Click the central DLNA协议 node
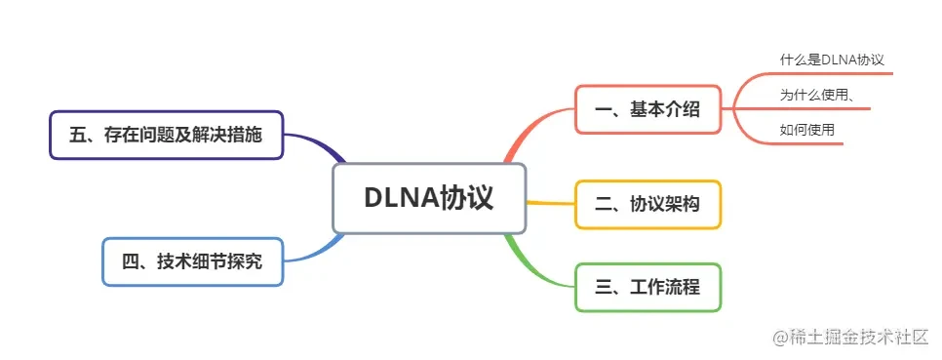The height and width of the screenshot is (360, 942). click(x=429, y=198)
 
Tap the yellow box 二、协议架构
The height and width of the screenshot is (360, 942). click(x=648, y=204)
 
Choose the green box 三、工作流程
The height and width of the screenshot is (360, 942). click(x=648, y=287)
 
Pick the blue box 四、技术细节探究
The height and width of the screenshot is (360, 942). click(x=193, y=261)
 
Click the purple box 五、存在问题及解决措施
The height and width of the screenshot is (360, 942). click(x=166, y=135)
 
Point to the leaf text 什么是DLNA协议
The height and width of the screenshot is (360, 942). click(x=832, y=60)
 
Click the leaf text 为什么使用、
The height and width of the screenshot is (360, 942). click(x=817, y=95)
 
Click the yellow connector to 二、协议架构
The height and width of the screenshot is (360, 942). click(x=550, y=203)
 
